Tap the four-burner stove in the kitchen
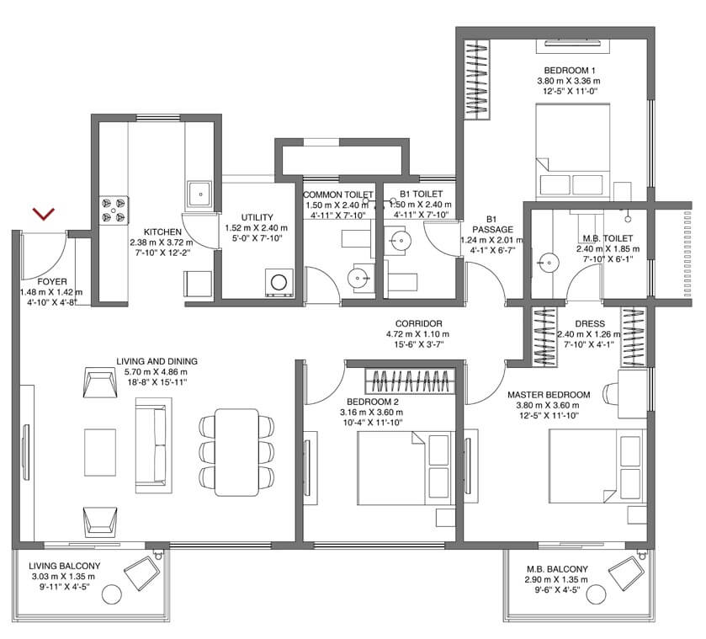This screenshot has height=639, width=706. (x=113, y=209)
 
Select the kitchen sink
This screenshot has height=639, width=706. (x=199, y=193)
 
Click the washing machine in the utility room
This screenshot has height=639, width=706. (x=277, y=281)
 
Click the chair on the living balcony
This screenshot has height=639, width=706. (x=142, y=578)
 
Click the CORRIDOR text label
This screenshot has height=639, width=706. (x=418, y=323)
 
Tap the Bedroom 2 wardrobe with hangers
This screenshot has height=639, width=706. (x=412, y=381)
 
